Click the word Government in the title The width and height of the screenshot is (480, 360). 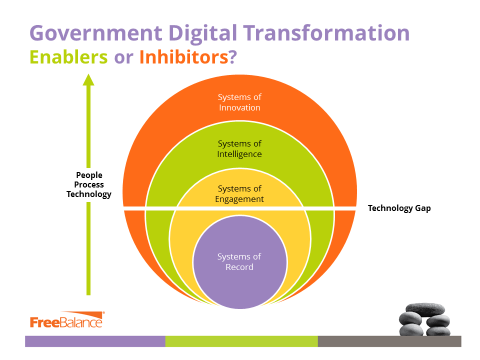(96, 33)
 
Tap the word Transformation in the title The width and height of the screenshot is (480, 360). (326, 33)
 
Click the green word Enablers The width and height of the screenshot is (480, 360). (68, 57)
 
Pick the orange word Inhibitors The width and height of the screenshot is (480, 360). (184, 57)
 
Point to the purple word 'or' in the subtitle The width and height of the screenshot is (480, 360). (123, 58)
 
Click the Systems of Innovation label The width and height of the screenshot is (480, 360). (239, 102)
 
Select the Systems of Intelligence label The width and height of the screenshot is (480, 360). (239, 149)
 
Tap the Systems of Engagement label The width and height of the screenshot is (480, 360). (239, 194)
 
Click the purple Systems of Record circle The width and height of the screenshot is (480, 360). (240, 262)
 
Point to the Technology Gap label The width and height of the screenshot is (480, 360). (399, 208)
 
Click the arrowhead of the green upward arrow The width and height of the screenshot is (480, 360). (88, 79)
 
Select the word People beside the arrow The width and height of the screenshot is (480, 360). (89, 175)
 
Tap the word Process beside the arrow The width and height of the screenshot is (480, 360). (89, 184)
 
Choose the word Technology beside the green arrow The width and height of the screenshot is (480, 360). (89, 194)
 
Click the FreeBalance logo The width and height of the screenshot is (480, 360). (67, 320)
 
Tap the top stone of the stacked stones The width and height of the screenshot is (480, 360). (425, 309)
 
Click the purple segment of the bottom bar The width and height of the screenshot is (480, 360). (95, 341)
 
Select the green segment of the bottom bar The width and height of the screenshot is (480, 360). (241, 341)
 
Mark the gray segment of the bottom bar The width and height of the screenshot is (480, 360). (389, 341)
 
